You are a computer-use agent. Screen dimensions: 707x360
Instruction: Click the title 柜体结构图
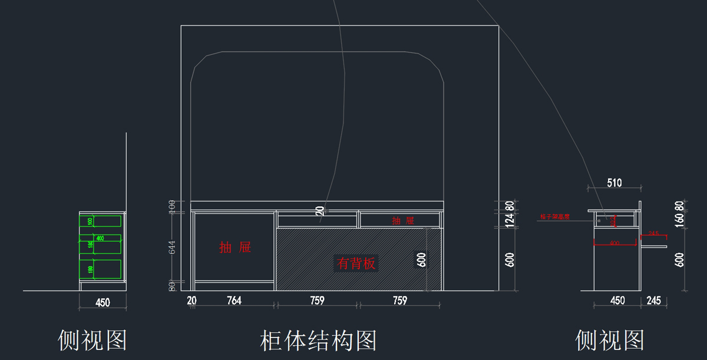[318, 341]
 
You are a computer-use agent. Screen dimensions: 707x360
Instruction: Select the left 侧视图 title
[92, 340]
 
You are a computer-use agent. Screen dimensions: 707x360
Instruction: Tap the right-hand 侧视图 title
[610, 340]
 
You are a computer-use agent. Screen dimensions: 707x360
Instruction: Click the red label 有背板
[356, 263]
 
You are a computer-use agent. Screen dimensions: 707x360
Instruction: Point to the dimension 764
[234, 301]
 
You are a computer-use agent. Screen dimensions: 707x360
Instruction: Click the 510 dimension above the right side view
[615, 183]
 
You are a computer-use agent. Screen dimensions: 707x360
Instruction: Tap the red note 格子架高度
[554, 217]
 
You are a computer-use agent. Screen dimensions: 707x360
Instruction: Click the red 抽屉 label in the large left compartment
[235, 247]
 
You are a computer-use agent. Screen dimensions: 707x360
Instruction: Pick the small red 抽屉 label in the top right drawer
[403, 221]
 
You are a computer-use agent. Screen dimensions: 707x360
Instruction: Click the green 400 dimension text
[100, 238]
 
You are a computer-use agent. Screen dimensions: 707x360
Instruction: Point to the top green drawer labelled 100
[101, 221]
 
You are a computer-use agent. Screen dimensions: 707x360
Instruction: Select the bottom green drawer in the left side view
[101, 269]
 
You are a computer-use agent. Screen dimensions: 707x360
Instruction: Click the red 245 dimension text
[653, 233]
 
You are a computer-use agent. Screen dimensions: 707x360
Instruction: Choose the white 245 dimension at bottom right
[653, 301]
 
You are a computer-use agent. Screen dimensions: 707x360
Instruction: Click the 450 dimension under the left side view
[103, 303]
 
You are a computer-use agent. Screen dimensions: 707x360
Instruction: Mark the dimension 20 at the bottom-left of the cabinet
[191, 301]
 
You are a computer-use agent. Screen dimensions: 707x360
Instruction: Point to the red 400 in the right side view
[615, 243]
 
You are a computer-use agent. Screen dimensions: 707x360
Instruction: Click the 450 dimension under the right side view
[617, 301]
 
